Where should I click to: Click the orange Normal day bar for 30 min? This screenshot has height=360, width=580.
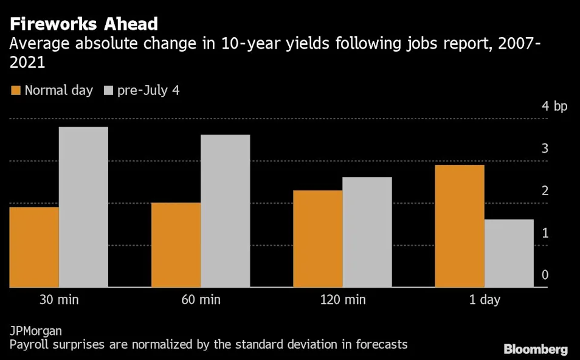(34, 247)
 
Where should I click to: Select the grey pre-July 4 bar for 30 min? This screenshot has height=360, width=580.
(83, 207)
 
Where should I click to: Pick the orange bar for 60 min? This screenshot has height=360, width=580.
(176, 244)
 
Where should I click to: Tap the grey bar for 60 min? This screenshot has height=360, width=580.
(225, 210)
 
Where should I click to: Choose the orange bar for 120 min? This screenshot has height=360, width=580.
(317, 238)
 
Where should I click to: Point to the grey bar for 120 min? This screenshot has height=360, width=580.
(367, 232)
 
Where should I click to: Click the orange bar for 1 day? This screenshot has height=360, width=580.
(460, 226)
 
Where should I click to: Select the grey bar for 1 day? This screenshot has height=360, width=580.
(509, 253)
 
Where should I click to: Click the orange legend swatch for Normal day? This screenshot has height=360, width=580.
(16, 91)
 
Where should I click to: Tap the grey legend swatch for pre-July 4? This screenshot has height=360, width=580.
(109, 91)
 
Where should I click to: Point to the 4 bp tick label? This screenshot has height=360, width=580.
(554, 106)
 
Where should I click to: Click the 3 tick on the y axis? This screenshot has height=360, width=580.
(545, 148)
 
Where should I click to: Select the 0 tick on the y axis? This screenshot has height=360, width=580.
(545, 275)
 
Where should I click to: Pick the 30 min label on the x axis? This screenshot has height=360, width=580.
(58, 300)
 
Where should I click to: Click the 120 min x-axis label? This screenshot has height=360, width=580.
(342, 300)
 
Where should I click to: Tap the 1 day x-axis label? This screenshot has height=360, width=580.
(484, 300)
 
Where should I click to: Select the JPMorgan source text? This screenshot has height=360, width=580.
(35, 331)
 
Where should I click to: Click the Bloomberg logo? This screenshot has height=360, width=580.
(536, 349)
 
